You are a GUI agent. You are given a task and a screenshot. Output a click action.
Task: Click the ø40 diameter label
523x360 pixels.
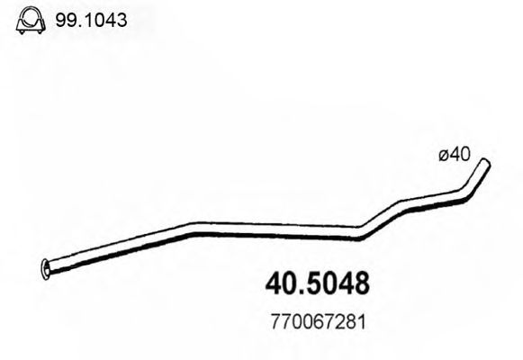[x=454, y=156]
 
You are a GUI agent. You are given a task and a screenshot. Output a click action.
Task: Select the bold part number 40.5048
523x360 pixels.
[x=318, y=284]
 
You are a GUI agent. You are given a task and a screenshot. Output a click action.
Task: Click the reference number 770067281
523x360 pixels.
[x=318, y=320]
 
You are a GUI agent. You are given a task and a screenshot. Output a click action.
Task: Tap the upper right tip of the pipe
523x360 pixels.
[x=487, y=163]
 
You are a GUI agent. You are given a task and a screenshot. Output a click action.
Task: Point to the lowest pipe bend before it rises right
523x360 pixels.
[x=359, y=235]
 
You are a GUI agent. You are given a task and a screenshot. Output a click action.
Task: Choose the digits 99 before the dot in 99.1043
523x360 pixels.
[x=64, y=19]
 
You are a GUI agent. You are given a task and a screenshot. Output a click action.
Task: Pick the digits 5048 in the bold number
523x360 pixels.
[x=339, y=284]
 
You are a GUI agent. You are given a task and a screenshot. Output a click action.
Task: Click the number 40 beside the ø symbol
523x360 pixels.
[x=460, y=156]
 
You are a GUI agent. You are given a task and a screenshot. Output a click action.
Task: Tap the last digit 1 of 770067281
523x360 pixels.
[x=362, y=320]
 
